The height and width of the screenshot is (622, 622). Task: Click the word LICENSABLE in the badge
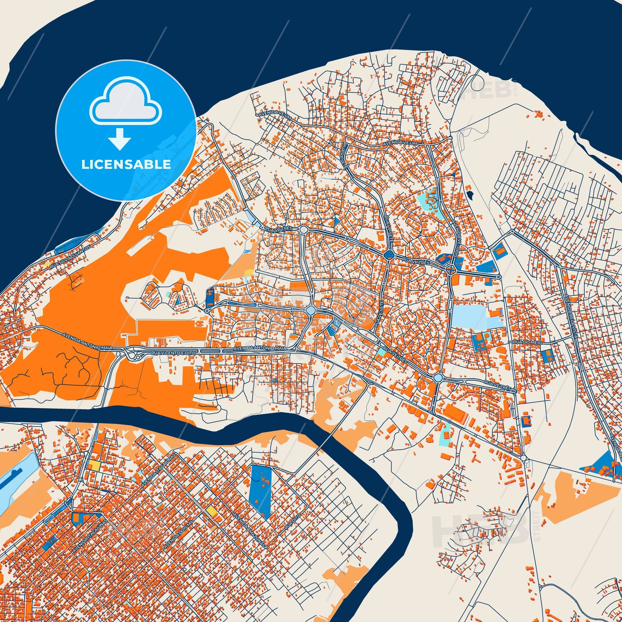coord(126,165)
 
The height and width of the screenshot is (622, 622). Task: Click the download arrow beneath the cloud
coord(120,139)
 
